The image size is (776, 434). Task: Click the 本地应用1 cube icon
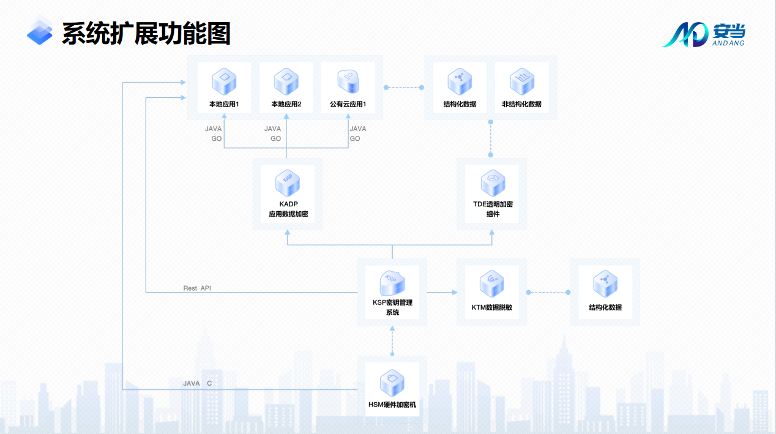(x=224, y=81)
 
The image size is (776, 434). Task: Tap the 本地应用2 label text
(x=286, y=104)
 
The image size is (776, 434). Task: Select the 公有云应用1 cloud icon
(x=348, y=81)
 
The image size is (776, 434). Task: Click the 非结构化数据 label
(x=521, y=104)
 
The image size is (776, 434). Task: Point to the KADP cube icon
(x=288, y=183)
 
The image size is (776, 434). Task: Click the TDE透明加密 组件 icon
(x=493, y=183)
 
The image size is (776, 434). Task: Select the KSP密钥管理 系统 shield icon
(x=392, y=283)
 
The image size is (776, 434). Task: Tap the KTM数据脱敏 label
(x=491, y=307)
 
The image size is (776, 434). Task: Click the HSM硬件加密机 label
(x=392, y=405)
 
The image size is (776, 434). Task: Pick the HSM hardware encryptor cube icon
(x=392, y=383)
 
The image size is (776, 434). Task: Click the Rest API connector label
(x=197, y=288)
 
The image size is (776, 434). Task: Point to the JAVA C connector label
(x=198, y=383)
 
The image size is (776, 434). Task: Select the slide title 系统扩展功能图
(x=146, y=34)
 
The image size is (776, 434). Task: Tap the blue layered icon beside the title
(x=40, y=31)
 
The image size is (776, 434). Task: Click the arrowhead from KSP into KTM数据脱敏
(x=455, y=292)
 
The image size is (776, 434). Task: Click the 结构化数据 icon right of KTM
(x=605, y=283)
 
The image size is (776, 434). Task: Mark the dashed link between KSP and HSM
(x=392, y=340)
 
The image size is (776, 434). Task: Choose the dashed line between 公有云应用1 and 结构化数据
(x=404, y=88)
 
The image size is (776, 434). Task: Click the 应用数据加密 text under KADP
(x=288, y=214)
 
